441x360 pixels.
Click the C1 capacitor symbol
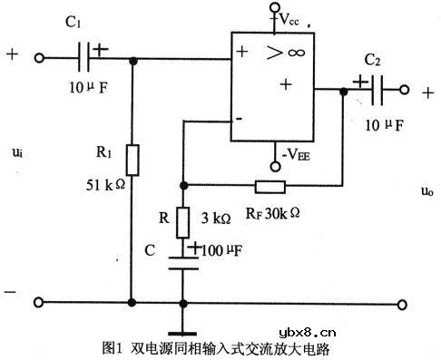[x=89, y=60]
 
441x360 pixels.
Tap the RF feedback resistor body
[x=269, y=188]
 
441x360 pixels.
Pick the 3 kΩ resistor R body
[x=182, y=219]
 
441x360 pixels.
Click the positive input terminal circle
[x=38, y=60]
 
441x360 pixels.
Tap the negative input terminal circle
[x=38, y=302]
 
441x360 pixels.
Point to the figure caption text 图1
[x=113, y=348]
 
